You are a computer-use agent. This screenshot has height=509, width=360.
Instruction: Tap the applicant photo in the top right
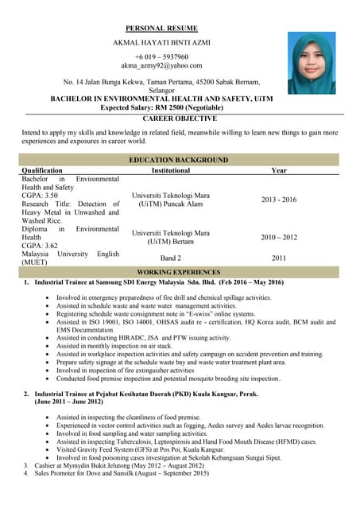coord(312,63)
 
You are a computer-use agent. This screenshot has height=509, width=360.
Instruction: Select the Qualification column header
coord(42,170)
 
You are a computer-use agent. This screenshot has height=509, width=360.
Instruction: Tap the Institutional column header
coord(171,170)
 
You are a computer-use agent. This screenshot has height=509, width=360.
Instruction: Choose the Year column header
coord(279,170)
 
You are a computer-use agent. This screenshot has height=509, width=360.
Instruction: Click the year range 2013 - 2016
coord(278,200)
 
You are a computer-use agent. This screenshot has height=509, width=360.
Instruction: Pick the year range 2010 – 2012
coord(278,237)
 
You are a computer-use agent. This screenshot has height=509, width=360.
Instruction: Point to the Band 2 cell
coord(171,258)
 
